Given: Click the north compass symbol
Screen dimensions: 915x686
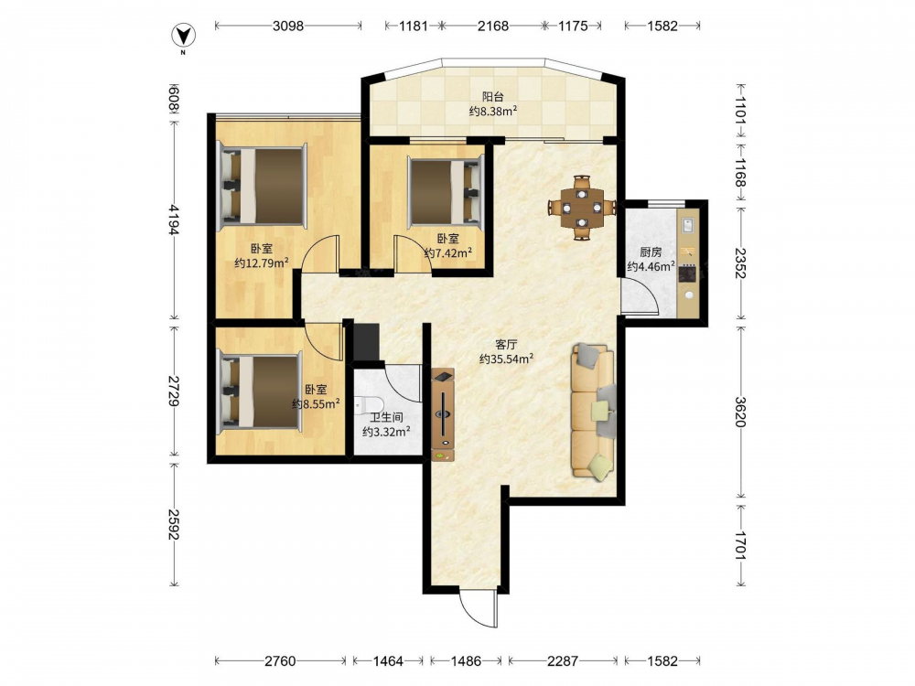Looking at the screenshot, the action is [x=183, y=37].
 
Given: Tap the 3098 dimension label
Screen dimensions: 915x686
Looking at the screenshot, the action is [x=288, y=26].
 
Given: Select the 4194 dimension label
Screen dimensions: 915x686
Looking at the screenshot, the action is [x=173, y=219].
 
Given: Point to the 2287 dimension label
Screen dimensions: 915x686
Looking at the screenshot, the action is [x=563, y=661].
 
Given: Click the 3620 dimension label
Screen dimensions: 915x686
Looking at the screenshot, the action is [x=740, y=412].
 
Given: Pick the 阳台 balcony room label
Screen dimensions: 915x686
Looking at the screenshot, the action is [x=492, y=97].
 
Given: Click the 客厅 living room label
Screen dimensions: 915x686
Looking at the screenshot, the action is [x=506, y=344].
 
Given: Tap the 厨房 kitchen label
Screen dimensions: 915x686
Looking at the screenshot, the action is [x=651, y=252].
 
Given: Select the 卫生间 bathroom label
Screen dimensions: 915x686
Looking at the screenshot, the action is [x=386, y=418].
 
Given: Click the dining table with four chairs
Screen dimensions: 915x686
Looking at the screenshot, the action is [x=582, y=207].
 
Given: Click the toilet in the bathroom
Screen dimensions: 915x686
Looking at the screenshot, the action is [x=369, y=403].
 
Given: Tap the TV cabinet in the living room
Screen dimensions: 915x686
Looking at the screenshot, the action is [x=444, y=414].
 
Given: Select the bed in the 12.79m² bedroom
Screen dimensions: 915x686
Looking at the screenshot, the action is [x=262, y=186].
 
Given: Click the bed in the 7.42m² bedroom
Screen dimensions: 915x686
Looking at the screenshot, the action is [x=447, y=190].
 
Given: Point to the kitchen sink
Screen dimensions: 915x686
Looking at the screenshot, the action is [x=688, y=225].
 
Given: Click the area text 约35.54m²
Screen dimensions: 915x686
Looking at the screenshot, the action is [x=507, y=359].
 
